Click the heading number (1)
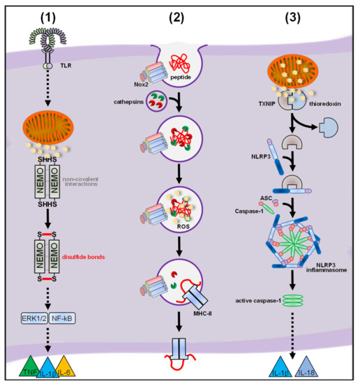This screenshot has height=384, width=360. pyautogui.click(x=57, y=16)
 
